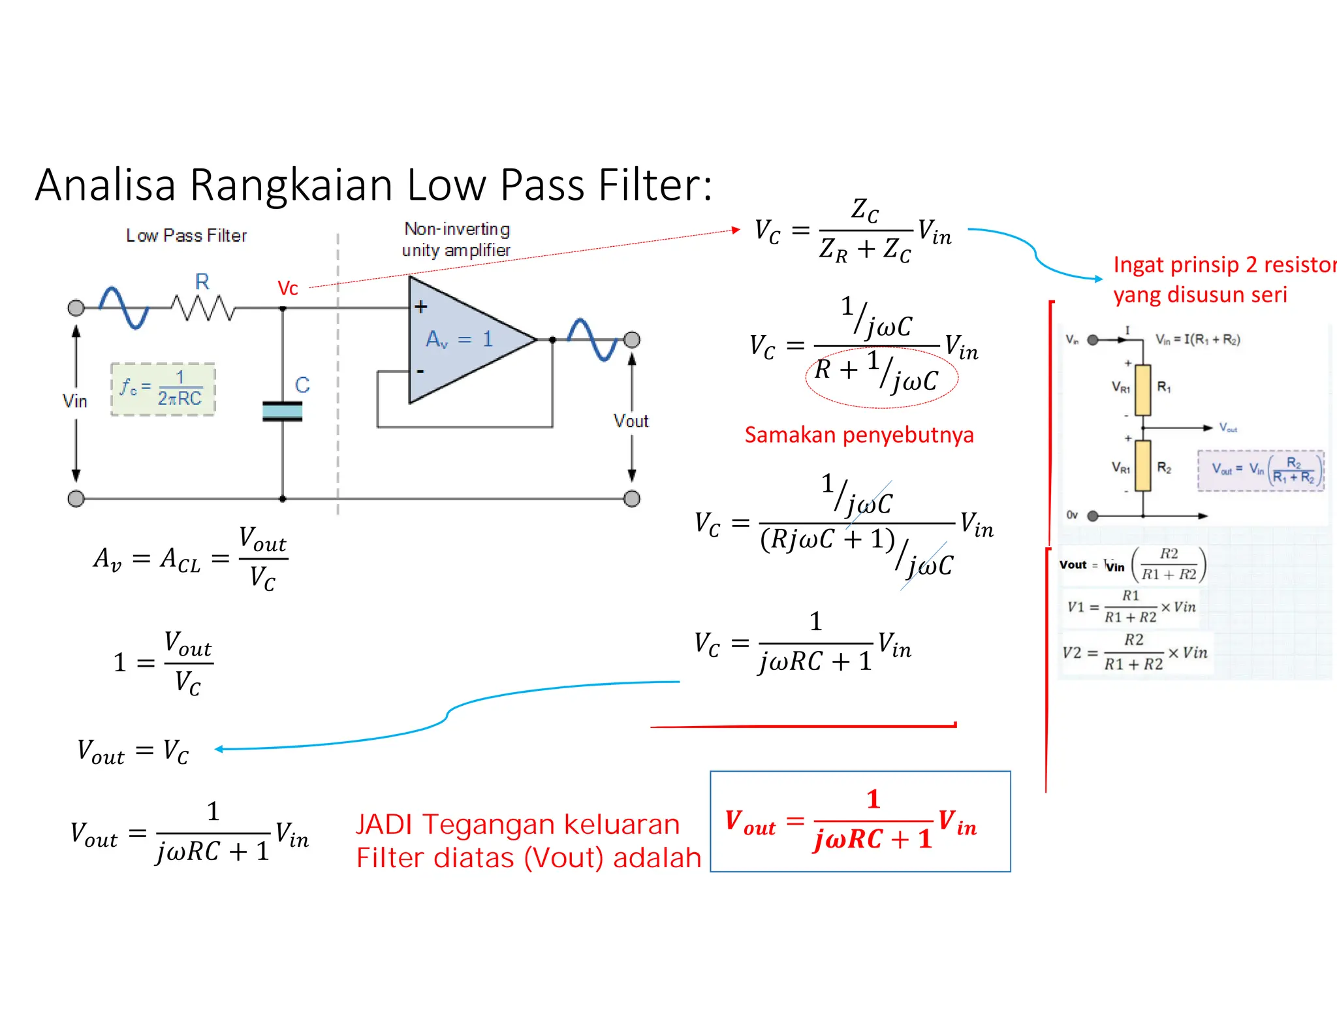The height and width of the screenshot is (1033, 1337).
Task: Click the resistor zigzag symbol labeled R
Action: coord(202,308)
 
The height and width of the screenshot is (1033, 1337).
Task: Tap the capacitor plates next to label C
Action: coord(282,411)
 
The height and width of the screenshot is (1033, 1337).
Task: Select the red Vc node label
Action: coord(288,288)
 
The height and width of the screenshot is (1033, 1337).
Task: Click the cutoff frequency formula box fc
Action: coord(163,389)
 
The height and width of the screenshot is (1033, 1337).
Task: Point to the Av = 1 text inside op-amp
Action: coord(459,340)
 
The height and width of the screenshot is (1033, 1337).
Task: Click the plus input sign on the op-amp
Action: coord(421,306)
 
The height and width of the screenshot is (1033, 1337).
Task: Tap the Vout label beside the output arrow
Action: coord(631,421)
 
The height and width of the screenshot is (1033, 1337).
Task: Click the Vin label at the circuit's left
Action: coord(75,401)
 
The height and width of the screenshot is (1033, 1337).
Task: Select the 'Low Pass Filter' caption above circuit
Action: coord(186,236)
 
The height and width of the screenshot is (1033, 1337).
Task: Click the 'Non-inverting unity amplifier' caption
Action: coord(456,240)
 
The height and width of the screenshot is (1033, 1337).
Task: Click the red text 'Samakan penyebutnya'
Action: coord(858,435)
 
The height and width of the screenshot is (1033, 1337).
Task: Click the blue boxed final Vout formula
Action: coord(860,821)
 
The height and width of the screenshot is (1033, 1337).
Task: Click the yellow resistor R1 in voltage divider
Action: coord(1142,390)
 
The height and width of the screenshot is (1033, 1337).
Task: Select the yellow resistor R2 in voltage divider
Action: coord(1142,466)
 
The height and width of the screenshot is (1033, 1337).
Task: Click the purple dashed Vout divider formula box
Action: coord(1261,470)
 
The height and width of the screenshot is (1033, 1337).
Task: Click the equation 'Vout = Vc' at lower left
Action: coord(133,752)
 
